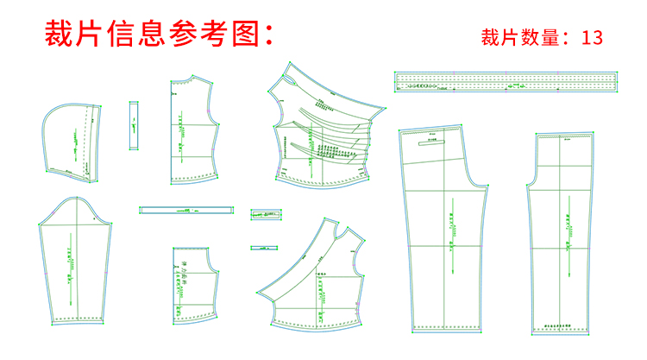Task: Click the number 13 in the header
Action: tap(591, 38)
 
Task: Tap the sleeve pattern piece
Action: tap(72, 263)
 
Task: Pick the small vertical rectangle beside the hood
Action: tap(134, 126)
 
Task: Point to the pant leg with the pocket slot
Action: tap(440, 233)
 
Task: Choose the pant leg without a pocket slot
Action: tap(562, 233)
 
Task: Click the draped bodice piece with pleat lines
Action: tap(323, 129)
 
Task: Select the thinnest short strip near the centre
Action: tap(263, 248)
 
